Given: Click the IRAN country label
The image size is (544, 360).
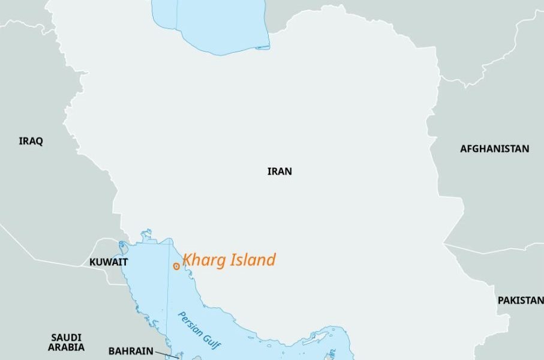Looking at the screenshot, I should [279, 172].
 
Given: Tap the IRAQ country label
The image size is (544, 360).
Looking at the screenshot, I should [31, 142].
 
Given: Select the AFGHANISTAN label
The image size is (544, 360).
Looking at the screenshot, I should [495, 149].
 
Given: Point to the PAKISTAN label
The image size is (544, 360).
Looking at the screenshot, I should [521, 300].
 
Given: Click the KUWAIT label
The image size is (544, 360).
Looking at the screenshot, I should [109, 262].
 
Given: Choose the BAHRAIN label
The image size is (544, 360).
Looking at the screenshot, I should [131, 351].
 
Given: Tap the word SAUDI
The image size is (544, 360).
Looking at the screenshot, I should [67, 338].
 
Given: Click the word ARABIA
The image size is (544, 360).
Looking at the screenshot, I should [67, 347].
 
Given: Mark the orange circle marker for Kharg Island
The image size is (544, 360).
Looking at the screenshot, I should [176, 266].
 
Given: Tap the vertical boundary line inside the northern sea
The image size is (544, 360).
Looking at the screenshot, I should [177, 18].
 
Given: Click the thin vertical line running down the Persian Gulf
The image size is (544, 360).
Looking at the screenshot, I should [168, 300].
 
